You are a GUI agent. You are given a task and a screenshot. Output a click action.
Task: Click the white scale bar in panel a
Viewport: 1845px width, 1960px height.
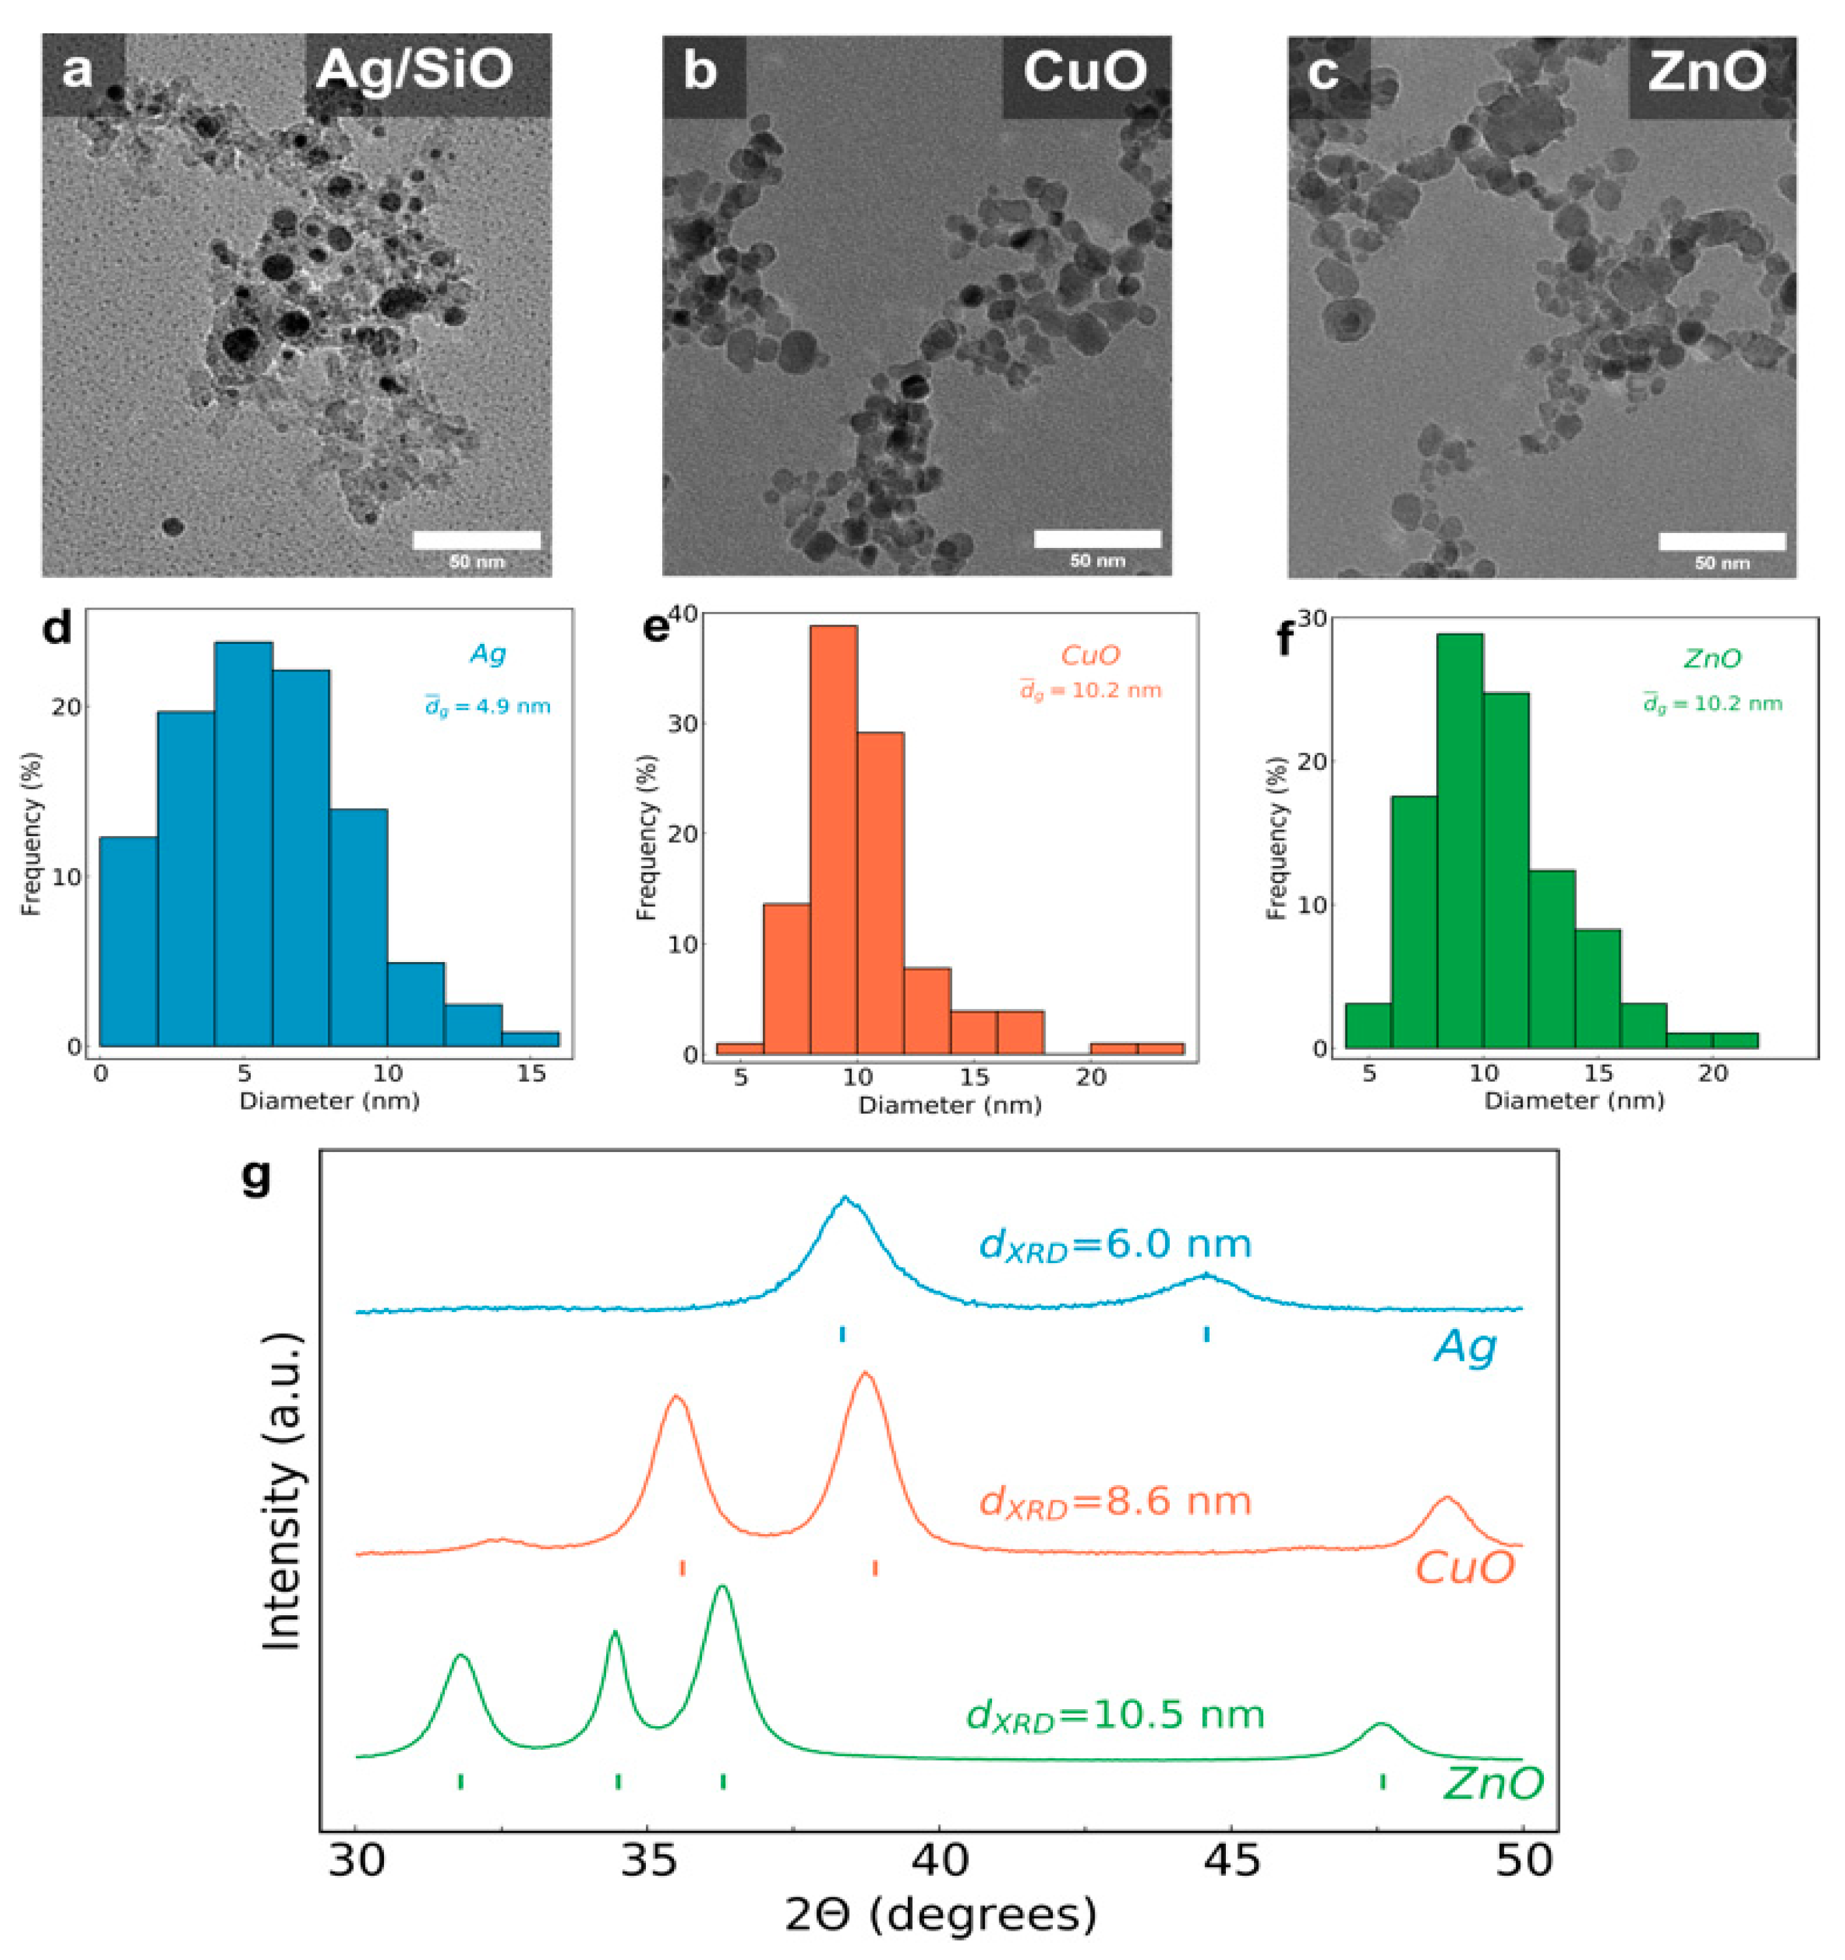pos(476,539)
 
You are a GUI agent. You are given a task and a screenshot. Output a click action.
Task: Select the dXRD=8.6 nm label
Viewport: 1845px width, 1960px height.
pos(1114,1503)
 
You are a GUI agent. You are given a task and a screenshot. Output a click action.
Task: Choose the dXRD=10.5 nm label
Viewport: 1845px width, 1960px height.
pos(1114,1716)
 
